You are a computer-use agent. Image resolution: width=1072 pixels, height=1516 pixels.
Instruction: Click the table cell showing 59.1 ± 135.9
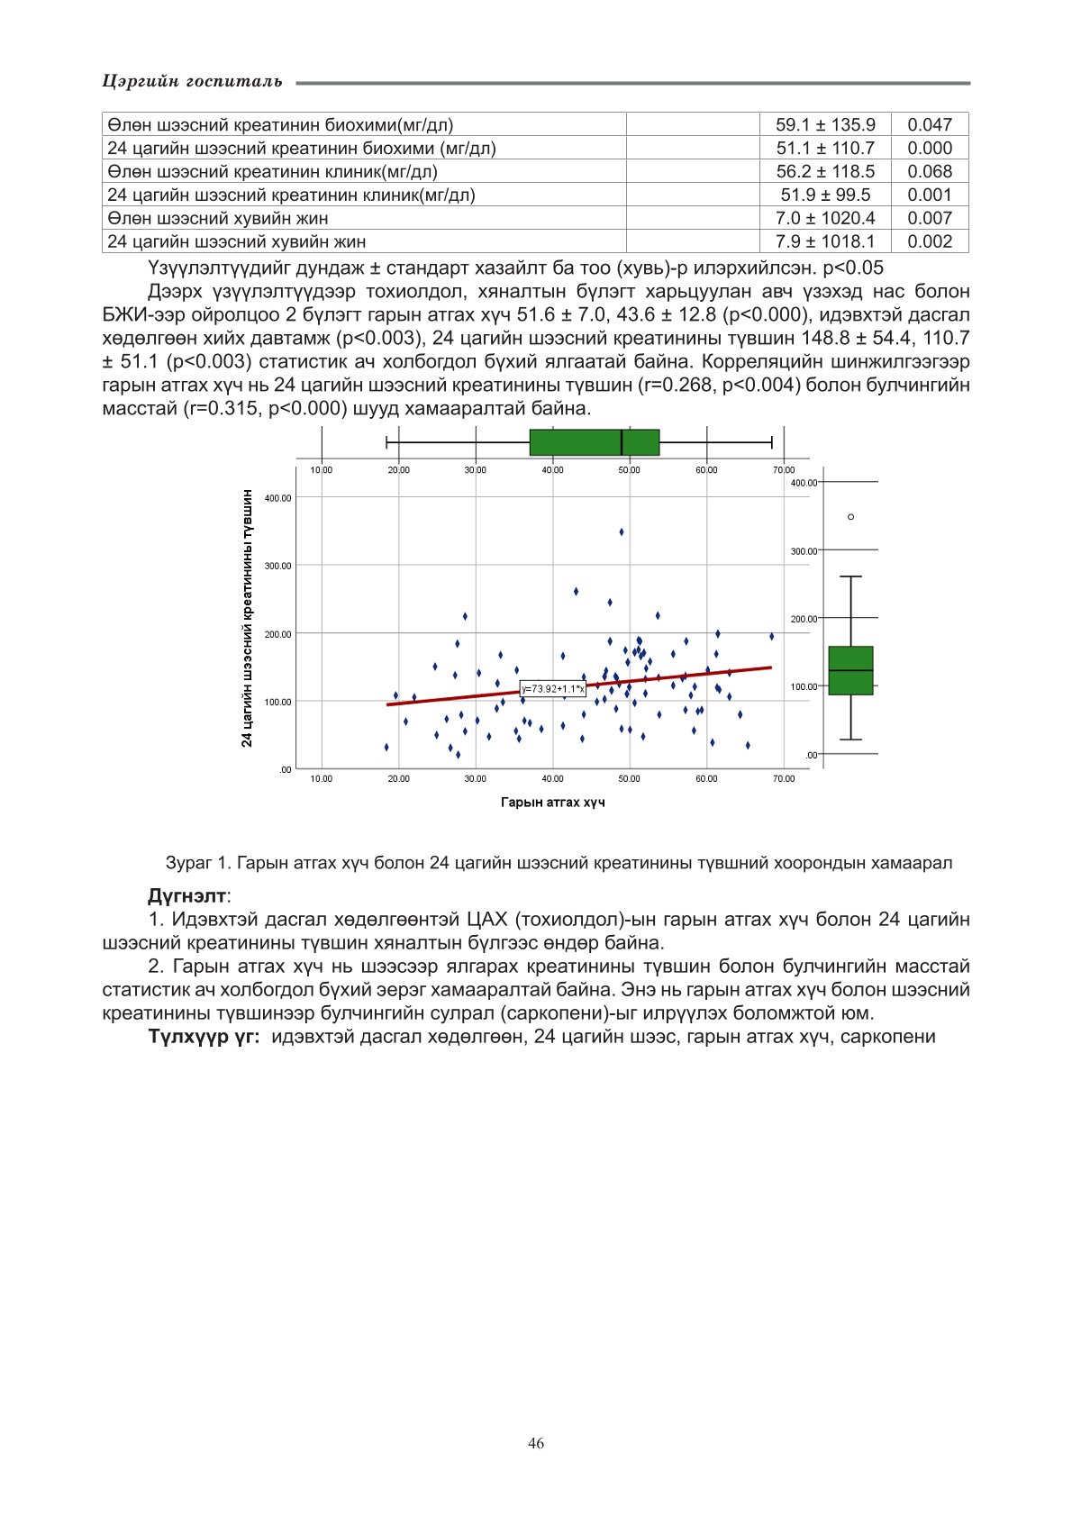(x=825, y=125)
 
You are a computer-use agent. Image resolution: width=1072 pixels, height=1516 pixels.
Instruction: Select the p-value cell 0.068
(x=930, y=171)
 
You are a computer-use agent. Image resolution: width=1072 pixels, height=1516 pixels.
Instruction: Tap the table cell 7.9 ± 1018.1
(x=825, y=241)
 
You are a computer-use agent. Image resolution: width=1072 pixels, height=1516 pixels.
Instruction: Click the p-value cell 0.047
(x=930, y=125)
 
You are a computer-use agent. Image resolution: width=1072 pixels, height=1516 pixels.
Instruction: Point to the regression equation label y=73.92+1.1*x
(x=553, y=689)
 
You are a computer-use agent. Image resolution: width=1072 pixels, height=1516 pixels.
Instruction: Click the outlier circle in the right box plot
(x=850, y=517)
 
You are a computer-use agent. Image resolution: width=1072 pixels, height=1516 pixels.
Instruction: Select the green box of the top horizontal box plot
(x=595, y=442)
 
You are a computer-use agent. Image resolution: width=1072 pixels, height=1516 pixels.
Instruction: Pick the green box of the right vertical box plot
(x=850, y=670)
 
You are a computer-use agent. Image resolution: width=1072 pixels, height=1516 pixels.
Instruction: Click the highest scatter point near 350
(x=622, y=532)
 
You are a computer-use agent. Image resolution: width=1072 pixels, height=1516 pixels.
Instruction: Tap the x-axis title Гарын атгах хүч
(x=553, y=803)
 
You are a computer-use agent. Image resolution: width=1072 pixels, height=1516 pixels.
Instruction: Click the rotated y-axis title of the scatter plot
(x=247, y=618)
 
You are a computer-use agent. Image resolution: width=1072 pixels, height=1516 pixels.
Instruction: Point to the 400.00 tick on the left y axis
(x=278, y=498)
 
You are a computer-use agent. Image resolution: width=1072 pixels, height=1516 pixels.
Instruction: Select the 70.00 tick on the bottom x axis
(x=784, y=779)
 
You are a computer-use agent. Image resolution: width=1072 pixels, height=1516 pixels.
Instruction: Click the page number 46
(x=536, y=1444)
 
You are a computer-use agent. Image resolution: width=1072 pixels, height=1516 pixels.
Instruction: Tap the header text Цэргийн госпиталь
(x=193, y=82)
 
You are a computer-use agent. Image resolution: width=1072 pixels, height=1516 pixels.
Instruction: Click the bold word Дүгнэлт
(x=187, y=896)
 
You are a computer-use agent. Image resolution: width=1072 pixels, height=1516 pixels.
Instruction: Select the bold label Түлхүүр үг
(x=204, y=1037)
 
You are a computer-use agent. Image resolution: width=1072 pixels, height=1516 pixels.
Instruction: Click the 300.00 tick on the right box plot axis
(x=804, y=551)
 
